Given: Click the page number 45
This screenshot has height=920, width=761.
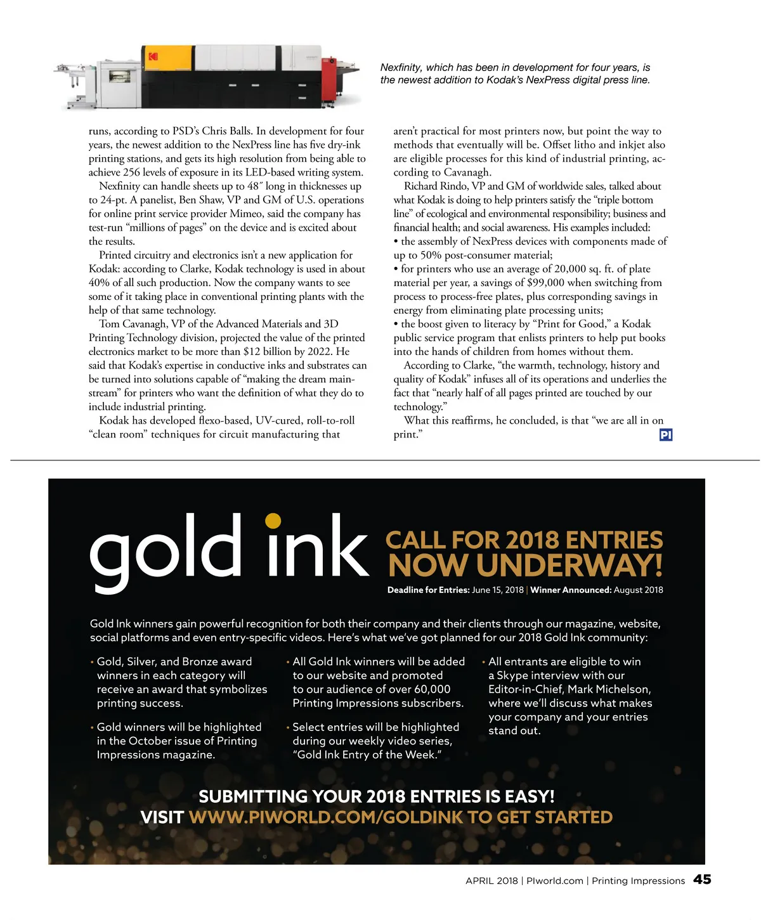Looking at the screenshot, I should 702,879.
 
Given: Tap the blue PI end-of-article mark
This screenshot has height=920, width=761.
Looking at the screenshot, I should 666,435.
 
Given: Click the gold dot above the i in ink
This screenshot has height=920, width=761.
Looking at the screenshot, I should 273,521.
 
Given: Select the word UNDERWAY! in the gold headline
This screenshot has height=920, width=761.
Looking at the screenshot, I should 569,566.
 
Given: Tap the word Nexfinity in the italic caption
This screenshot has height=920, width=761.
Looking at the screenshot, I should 400,67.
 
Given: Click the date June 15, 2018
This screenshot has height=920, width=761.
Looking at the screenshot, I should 498,590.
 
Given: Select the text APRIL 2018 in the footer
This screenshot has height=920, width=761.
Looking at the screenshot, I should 491,881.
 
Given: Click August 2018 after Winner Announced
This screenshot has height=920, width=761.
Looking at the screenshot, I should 639,590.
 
